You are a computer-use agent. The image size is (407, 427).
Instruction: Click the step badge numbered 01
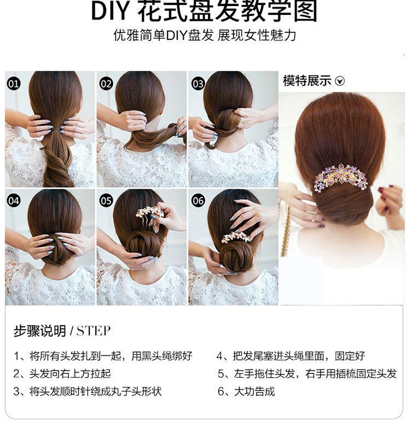click(x=13, y=83)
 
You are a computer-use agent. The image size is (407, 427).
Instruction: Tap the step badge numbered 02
click(x=106, y=83)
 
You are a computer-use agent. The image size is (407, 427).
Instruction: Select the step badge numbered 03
click(x=198, y=83)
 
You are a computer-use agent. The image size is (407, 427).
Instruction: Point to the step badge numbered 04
click(x=13, y=201)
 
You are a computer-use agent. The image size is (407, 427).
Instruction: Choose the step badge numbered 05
click(x=106, y=201)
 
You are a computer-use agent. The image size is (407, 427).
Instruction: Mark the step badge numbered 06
click(x=198, y=201)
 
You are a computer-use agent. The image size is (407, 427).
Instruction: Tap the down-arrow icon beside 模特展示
click(x=340, y=81)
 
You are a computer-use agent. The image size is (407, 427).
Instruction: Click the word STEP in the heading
click(x=94, y=331)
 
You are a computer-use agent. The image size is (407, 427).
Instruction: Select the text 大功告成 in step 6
click(x=254, y=391)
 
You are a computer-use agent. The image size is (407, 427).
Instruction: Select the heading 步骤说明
click(x=40, y=331)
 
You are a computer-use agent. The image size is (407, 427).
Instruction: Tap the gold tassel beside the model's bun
click(x=284, y=229)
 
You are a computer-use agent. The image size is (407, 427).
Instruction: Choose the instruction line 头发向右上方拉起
click(x=70, y=373)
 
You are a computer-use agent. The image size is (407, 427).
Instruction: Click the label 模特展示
click(x=307, y=81)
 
